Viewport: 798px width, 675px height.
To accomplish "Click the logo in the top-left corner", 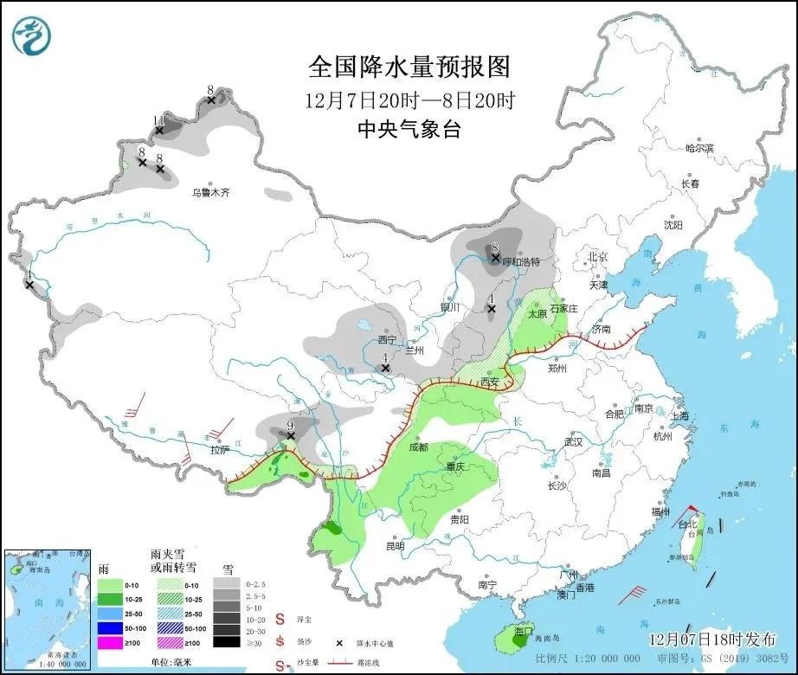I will [x=32, y=35].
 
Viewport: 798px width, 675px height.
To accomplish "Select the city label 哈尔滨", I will [x=699, y=149].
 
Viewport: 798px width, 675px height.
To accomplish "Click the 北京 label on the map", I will [x=598, y=256].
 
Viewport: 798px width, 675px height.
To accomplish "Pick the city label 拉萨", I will [x=221, y=449].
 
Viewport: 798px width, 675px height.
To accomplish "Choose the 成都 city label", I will [x=418, y=447].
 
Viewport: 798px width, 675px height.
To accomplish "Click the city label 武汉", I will [x=573, y=441].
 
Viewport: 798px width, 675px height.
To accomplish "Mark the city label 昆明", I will [x=395, y=546].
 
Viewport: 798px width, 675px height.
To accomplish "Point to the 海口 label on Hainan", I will [x=522, y=632].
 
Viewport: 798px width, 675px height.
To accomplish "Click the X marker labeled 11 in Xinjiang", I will [x=159, y=131].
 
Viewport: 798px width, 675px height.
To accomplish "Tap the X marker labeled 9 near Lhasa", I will [x=291, y=436].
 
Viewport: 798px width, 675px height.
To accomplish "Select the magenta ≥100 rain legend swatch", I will [x=110, y=642].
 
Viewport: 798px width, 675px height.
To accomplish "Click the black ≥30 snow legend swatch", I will [x=227, y=642].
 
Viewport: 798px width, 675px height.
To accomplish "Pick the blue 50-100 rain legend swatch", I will [x=110, y=628].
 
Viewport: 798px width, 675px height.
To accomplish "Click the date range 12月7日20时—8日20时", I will [x=409, y=100].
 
